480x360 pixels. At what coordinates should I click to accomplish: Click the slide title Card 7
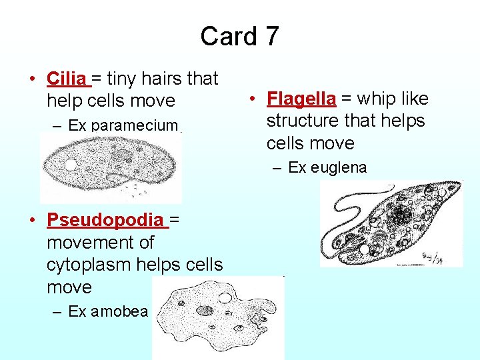click(x=239, y=36)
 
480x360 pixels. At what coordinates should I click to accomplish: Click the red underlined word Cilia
click(x=66, y=79)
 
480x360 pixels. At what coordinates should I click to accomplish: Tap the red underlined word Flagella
click(x=301, y=99)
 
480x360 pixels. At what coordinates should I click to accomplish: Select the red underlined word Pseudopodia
click(x=104, y=220)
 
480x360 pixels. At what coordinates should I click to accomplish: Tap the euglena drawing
click(x=391, y=224)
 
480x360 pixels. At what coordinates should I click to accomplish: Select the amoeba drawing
click(x=218, y=317)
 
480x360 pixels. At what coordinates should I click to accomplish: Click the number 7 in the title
click(x=271, y=36)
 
